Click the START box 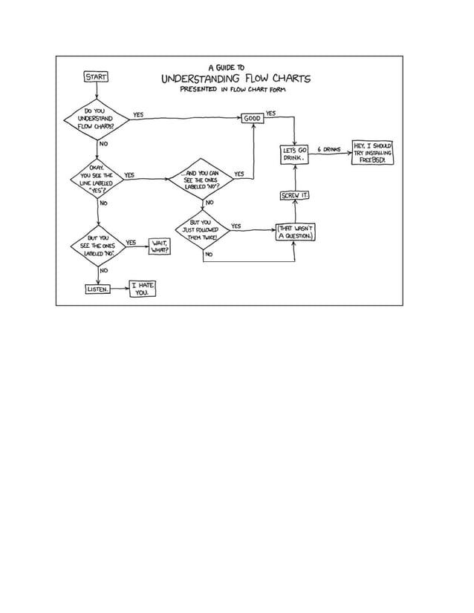(x=97, y=76)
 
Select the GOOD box (x=253, y=118)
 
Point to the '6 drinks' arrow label (x=329, y=149)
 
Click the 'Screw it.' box (x=295, y=195)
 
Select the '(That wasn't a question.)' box (x=296, y=232)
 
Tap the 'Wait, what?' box (x=160, y=246)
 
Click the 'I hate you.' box (x=142, y=289)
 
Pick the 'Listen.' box (x=98, y=289)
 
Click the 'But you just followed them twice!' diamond (x=202, y=229)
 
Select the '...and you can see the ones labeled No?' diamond (x=201, y=179)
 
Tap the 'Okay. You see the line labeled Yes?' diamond (x=97, y=179)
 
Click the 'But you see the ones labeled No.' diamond (x=97, y=246)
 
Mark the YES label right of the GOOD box (x=270, y=113)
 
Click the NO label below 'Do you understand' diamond (x=103, y=142)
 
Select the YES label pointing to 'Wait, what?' (x=131, y=242)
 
